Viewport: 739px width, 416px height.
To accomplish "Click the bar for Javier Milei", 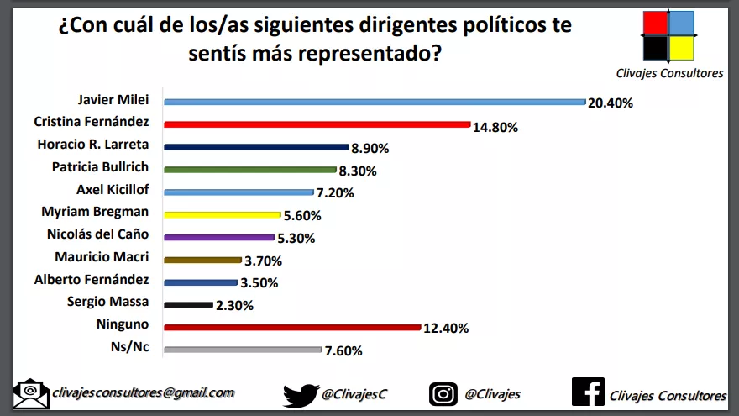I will pyautogui.click(x=375, y=102).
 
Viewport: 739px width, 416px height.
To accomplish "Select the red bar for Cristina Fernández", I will pyautogui.click(x=317, y=124).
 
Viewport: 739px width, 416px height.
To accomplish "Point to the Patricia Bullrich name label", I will pyautogui.click(x=102, y=166).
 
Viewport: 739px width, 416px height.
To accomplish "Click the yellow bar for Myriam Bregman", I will pyautogui.click(x=223, y=214).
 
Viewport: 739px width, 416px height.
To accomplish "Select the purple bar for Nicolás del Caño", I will pyautogui.click(x=219, y=237).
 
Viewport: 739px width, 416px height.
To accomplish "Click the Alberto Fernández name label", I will pyautogui.click(x=92, y=280).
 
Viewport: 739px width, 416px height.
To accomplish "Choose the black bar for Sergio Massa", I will pyautogui.click(x=189, y=305).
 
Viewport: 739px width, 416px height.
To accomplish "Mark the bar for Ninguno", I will pyautogui.click(x=291, y=328).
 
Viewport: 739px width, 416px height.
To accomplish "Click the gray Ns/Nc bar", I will pyautogui.click(x=243, y=350).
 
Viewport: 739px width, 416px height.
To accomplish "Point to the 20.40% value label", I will pyautogui.click(x=611, y=103).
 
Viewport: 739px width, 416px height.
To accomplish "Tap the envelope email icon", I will pyautogui.click(x=31, y=393).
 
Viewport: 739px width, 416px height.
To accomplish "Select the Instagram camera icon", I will pyautogui.click(x=443, y=393).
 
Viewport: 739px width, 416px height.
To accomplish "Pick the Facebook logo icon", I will pyautogui.click(x=588, y=392).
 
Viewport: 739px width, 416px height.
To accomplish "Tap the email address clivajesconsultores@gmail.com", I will pyautogui.click(x=143, y=392).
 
